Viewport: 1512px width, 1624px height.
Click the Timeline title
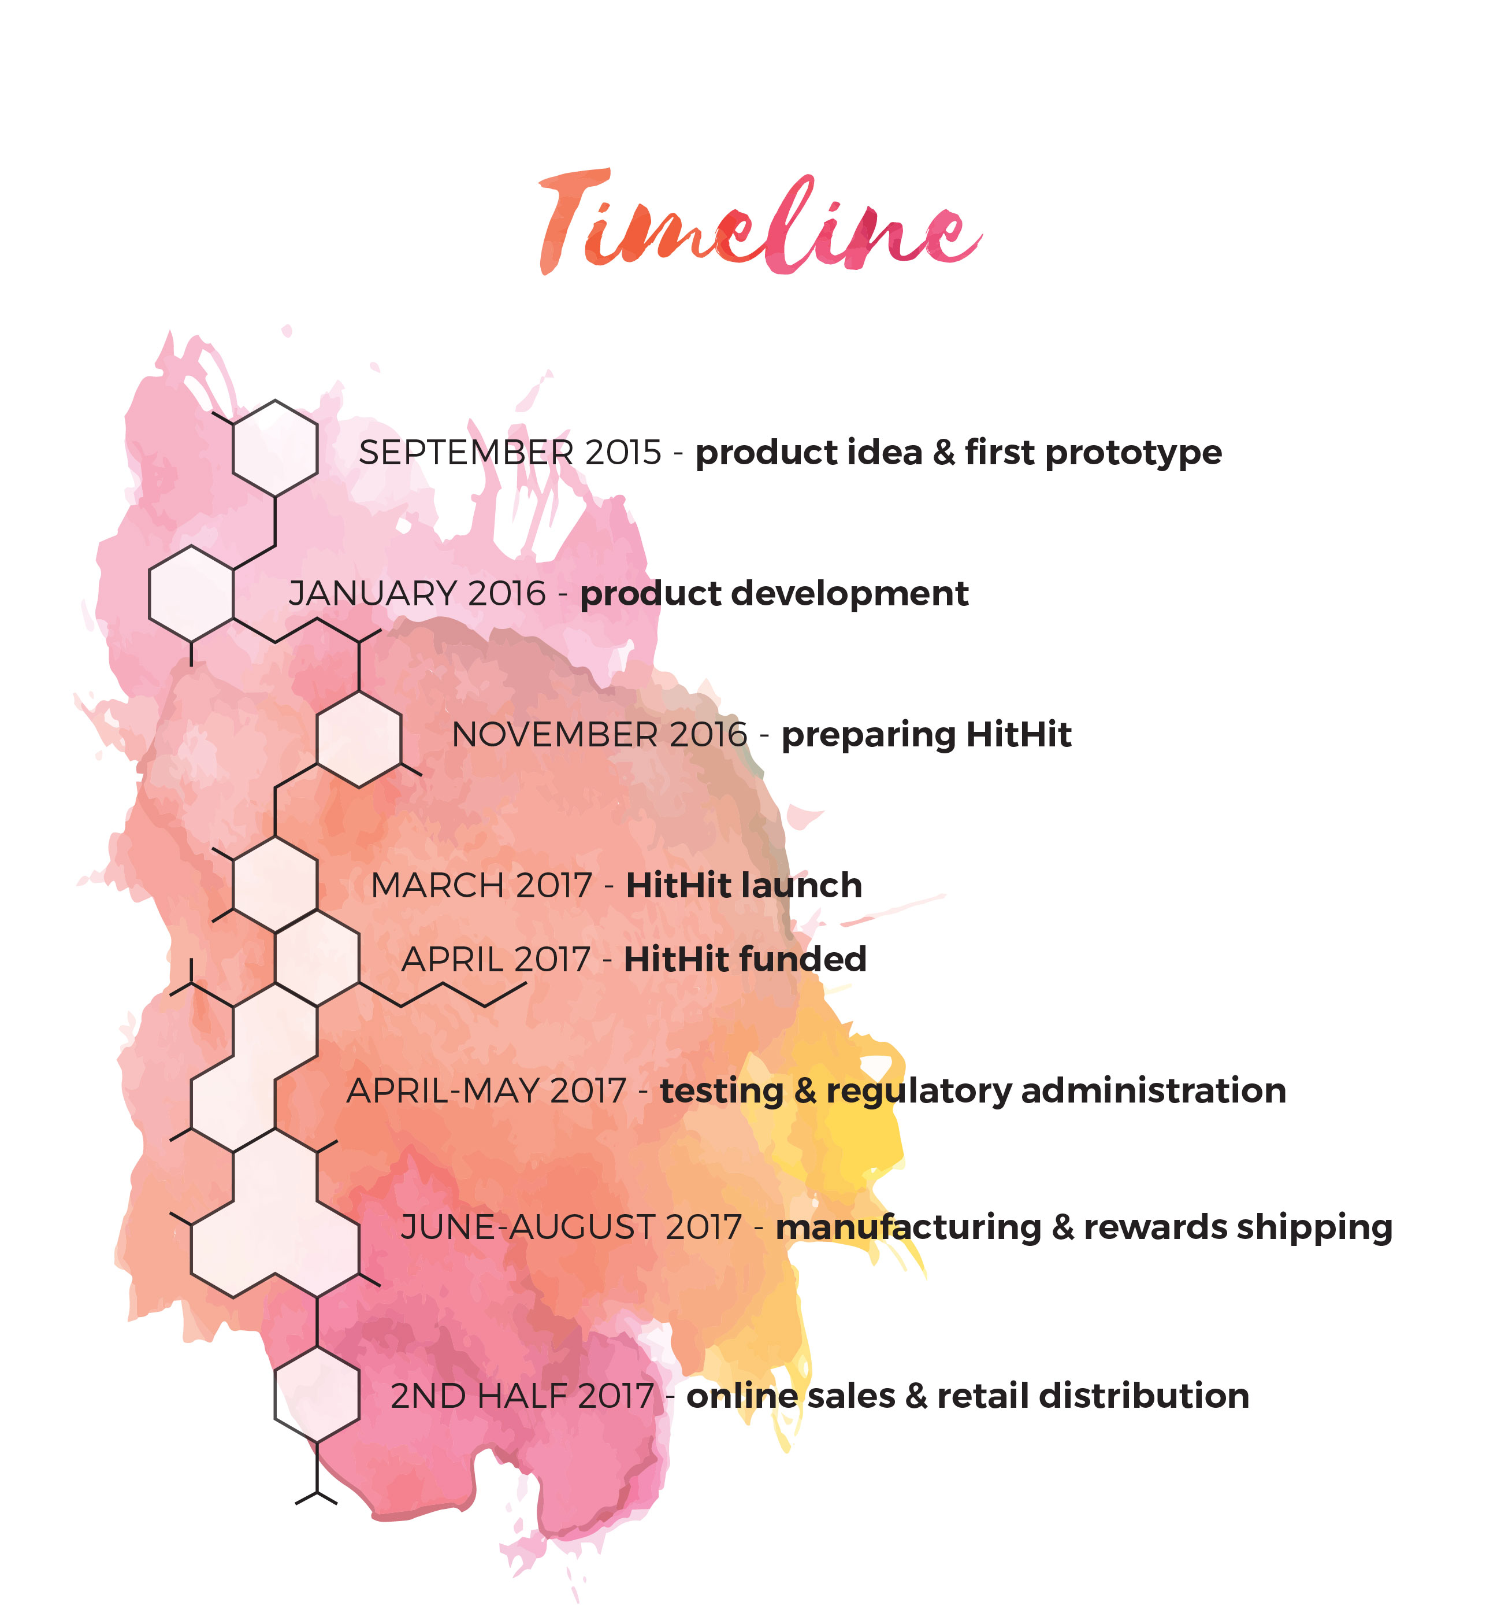[x=759, y=225]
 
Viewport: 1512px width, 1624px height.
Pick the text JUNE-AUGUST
[x=527, y=1228]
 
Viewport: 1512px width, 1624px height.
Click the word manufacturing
[x=908, y=1228]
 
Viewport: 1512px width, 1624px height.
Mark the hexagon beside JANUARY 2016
[x=191, y=594]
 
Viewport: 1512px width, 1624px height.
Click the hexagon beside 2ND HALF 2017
[x=317, y=1394]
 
